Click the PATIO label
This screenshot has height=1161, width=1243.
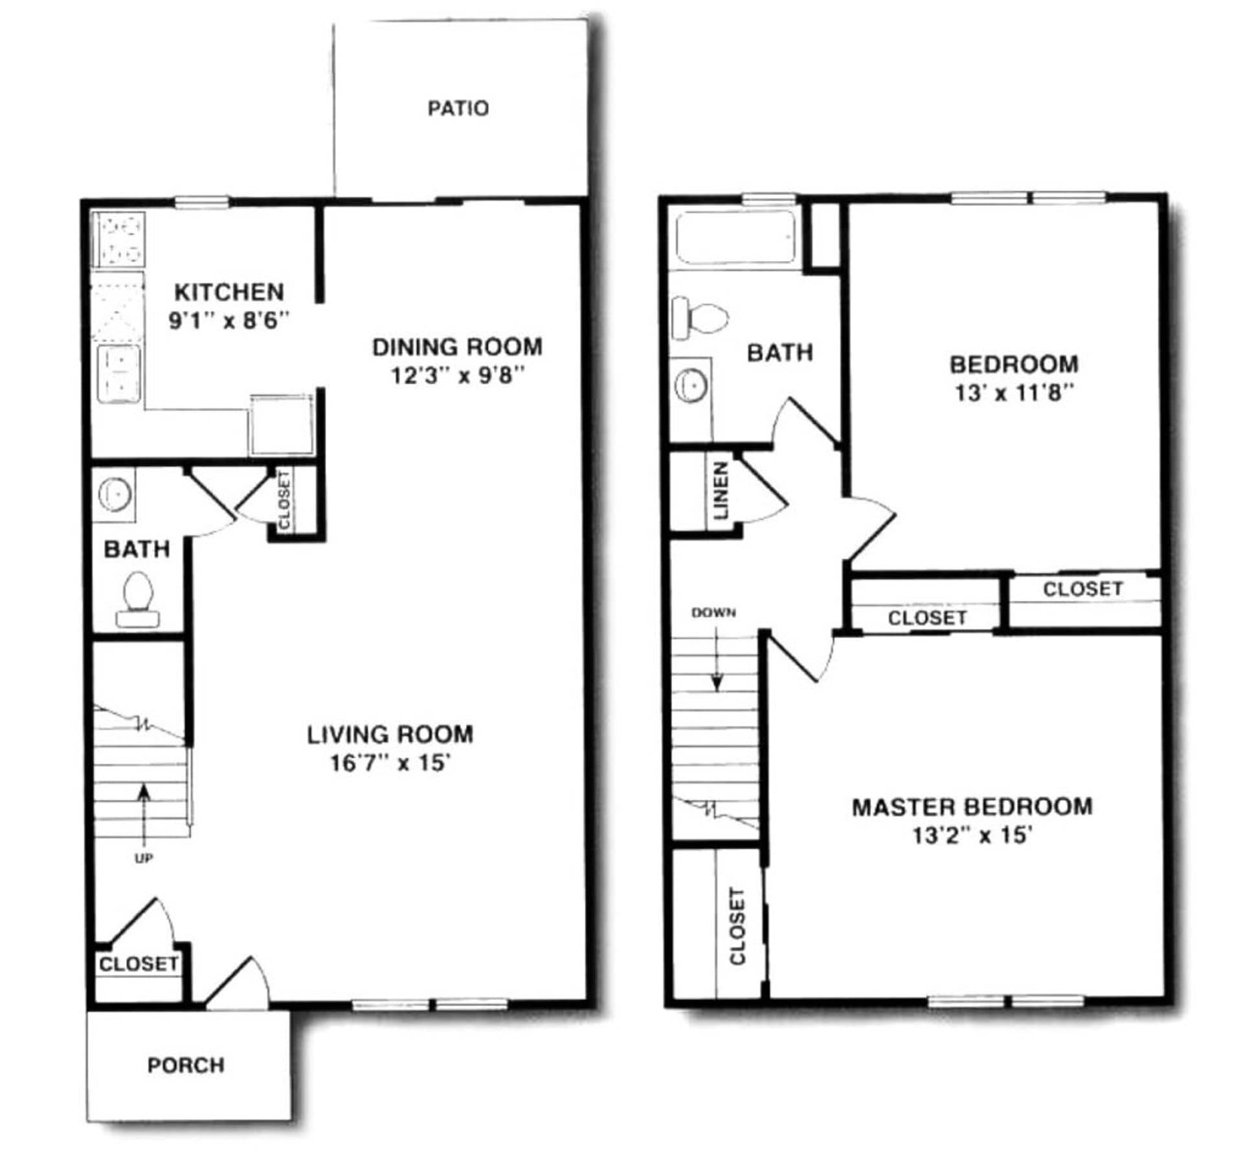[x=458, y=108]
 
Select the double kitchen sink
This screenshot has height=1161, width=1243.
[x=118, y=374]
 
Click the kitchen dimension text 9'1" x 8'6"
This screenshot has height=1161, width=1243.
[x=229, y=321]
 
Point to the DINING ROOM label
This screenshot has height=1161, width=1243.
[x=457, y=348]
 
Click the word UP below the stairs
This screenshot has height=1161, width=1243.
[x=143, y=858]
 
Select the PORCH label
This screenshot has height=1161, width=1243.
[x=186, y=1065]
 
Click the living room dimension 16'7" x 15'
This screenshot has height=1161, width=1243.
[x=390, y=763]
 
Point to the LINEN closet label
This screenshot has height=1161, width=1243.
[x=721, y=490]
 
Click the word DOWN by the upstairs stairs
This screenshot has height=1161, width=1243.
[x=713, y=613]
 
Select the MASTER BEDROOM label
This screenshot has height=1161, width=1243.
[x=972, y=807]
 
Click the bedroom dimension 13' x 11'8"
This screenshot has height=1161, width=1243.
[x=1014, y=393]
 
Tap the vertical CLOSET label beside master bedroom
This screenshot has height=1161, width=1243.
[x=737, y=926]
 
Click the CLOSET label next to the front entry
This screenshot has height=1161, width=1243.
[x=139, y=964]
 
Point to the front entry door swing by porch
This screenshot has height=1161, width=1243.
[x=240, y=984]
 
